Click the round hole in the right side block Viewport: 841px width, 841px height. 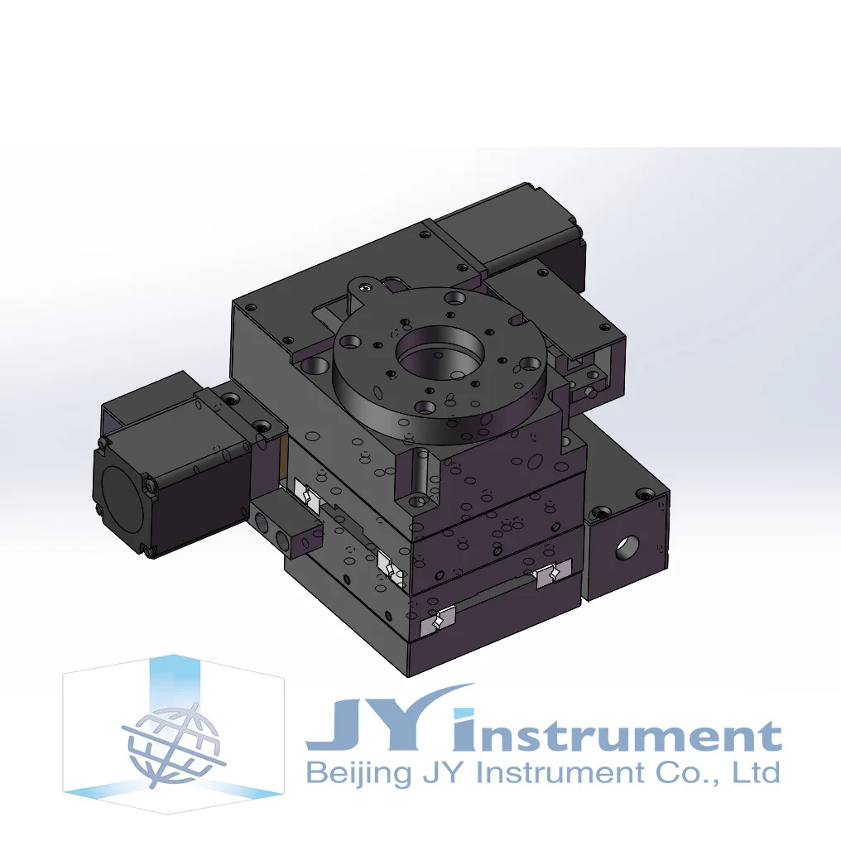(x=627, y=547)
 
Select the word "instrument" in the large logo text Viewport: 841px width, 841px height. (x=617, y=731)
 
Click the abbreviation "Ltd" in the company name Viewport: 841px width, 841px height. (x=762, y=771)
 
